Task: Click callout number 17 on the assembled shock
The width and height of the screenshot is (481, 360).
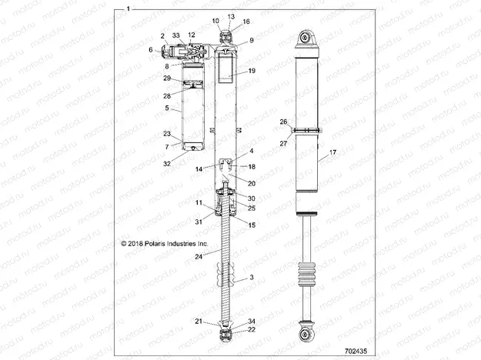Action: tap(332, 154)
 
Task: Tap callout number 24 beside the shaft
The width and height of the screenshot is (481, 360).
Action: tap(199, 255)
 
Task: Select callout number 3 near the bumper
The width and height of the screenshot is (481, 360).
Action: tap(251, 276)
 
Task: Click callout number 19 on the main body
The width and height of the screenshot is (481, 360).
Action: tap(252, 71)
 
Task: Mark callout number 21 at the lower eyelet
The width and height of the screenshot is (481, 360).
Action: tap(198, 321)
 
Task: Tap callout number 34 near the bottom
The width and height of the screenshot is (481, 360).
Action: tap(252, 321)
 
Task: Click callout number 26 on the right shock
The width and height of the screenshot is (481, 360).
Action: tap(282, 122)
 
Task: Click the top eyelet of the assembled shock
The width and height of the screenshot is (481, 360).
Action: tap(306, 38)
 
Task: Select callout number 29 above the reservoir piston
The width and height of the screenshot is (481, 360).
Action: tap(166, 78)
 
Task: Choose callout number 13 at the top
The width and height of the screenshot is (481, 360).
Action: tap(231, 16)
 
